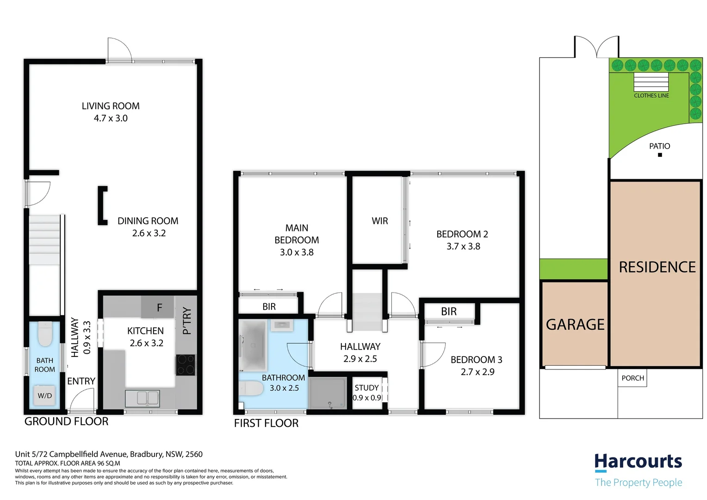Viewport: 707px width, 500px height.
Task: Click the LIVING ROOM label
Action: [x=111, y=106]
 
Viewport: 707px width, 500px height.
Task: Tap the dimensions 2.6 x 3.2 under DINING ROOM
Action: [x=149, y=233]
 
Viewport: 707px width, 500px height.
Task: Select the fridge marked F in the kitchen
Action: [x=158, y=307]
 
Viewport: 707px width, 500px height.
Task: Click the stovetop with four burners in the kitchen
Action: [x=186, y=364]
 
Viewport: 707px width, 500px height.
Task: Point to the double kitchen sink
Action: [x=142, y=398]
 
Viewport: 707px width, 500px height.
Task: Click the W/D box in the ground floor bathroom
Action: [x=45, y=396]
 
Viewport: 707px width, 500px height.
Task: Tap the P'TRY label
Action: [x=187, y=320]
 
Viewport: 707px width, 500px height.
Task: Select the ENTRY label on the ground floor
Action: [x=81, y=381]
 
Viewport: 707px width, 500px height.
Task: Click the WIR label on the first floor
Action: [x=379, y=221]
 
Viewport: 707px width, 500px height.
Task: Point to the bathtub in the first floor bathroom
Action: [x=253, y=345]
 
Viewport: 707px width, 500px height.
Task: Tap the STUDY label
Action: [x=366, y=387]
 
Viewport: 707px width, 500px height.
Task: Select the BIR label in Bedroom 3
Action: [x=448, y=312]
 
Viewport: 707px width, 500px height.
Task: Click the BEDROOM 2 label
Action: [x=462, y=234]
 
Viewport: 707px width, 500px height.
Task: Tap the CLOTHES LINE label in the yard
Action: [x=651, y=95]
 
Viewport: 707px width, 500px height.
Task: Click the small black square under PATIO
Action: [x=660, y=155]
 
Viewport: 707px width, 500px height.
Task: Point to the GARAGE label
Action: [x=575, y=325]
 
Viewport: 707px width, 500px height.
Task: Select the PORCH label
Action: [x=633, y=378]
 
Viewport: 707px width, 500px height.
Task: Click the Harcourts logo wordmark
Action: [x=638, y=462]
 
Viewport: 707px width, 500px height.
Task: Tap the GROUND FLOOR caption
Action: [x=66, y=421]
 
